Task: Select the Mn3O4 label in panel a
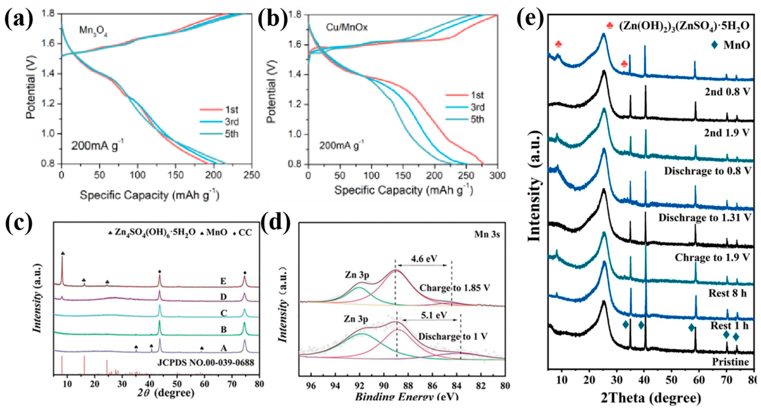(x=93, y=31)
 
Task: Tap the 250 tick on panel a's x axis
(x=251, y=175)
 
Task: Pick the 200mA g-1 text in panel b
(x=341, y=146)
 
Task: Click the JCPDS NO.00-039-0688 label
(x=206, y=363)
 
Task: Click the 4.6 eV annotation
(x=423, y=259)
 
